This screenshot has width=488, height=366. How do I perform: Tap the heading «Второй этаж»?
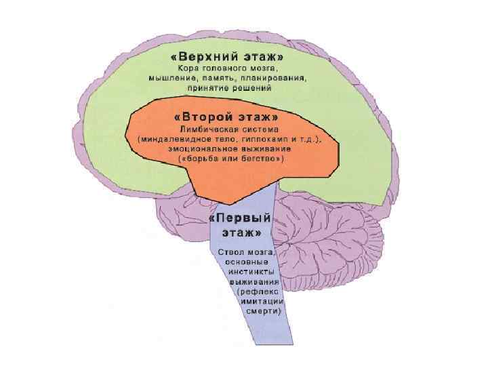231,117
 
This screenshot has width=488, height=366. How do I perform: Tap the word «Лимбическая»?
206,129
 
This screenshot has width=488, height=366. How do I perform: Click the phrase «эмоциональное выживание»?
231,148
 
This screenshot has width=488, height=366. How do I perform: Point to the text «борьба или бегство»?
231,158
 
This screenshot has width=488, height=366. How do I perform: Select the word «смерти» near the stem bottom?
264,310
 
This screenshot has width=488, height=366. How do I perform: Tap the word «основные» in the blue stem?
248,261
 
